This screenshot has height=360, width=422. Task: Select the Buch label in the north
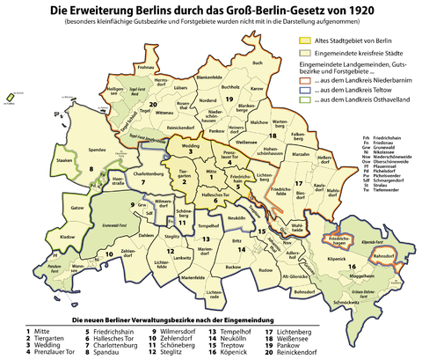(257, 63)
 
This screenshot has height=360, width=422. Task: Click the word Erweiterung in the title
(131, 10)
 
